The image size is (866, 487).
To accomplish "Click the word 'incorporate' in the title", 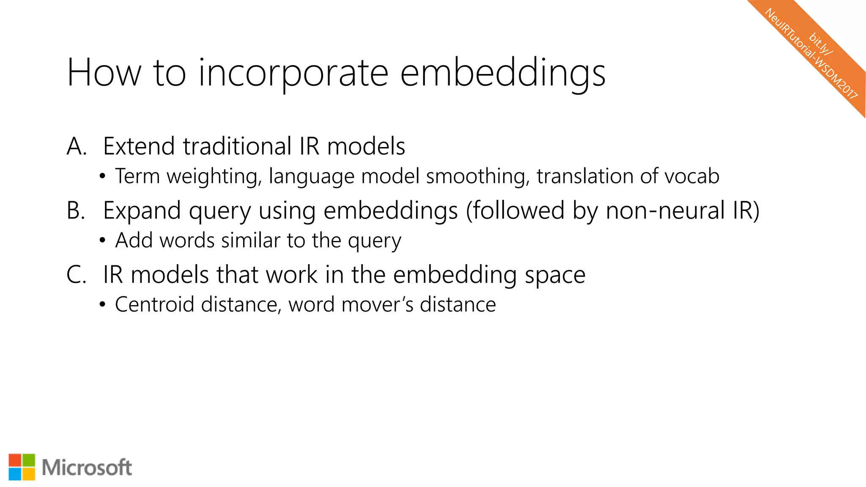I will [x=293, y=74].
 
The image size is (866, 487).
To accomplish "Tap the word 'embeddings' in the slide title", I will [x=502, y=74].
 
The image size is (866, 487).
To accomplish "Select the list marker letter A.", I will [x=76, y=147].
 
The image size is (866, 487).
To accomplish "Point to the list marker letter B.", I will [x=76, y=211].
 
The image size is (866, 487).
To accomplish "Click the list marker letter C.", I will [x=76, y=275].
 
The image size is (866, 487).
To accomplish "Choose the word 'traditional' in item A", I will [x=237, y=147].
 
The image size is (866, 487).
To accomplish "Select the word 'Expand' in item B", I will [x=142, y=211].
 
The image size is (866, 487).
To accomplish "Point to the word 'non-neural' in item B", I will [x=665, y=211].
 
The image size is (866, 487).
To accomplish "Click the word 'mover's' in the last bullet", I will [x=377, y=305].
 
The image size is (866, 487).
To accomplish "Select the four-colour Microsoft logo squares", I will [x=22, y=467].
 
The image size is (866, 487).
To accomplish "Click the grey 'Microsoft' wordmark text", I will [x=87, y=468].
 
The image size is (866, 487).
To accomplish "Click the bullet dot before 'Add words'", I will [x=102, y=241].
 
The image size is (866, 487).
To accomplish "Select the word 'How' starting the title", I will [x=104, y=74].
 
